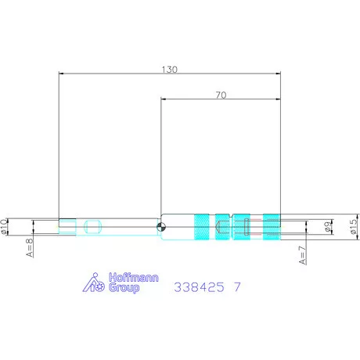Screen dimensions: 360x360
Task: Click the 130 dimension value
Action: (170, 70)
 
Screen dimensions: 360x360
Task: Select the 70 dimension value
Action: (221, 95)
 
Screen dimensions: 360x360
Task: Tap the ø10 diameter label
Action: (4, 226)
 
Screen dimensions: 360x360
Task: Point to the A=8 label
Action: (31, 247)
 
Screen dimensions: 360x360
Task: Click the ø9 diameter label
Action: (328, 226)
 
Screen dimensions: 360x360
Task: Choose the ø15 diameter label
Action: (353, 226)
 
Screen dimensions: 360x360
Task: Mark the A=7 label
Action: (303, 255)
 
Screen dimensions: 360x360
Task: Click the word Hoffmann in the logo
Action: (134, 277)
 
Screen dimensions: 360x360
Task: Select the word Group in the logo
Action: (124, 288)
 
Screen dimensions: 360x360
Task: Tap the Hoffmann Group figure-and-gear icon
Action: (94, 283)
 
